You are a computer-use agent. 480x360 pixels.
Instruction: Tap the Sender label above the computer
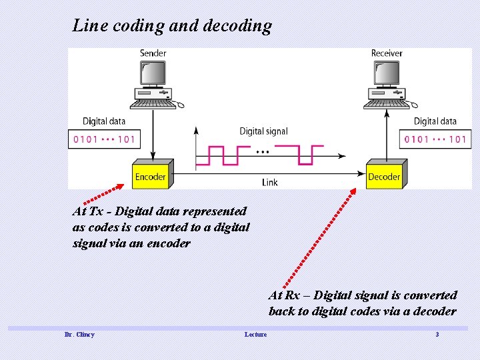153,53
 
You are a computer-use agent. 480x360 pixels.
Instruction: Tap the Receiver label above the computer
387,53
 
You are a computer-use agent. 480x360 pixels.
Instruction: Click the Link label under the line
270,182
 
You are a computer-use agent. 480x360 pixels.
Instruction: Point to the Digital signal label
263,131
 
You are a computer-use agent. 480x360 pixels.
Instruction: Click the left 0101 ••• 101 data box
103,139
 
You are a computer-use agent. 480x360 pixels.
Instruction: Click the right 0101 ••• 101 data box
434,139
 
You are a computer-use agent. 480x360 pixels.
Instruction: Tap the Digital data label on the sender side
103,121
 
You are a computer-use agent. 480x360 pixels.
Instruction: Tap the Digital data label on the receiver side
435,121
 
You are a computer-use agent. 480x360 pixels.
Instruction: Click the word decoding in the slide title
237,26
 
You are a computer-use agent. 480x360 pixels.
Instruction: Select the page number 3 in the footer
437,334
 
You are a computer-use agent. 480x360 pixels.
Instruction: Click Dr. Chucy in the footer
79,334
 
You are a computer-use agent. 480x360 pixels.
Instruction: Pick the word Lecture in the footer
255,334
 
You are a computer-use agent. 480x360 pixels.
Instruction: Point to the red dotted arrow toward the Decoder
319,237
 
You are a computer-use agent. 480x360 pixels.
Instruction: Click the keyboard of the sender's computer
153,103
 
